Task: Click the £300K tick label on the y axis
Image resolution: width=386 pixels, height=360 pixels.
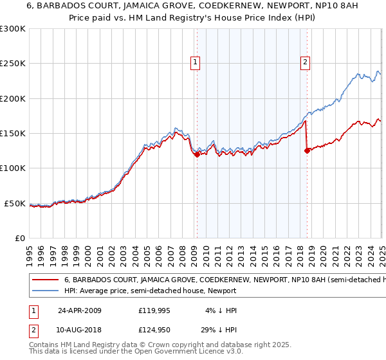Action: [x=13, y=29]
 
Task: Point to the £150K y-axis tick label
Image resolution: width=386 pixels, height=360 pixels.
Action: [x=13, y=133]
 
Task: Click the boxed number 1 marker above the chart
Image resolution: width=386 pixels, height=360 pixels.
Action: [x=195, y=62]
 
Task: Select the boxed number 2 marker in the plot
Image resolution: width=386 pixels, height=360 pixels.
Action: [x=305, y=62]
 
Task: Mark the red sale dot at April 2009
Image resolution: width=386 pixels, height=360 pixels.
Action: [x=197, y=154]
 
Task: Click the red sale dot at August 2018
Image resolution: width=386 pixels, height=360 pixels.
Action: [x=307, y=151]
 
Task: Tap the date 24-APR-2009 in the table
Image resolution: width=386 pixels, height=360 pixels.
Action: [x=80, y=310]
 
